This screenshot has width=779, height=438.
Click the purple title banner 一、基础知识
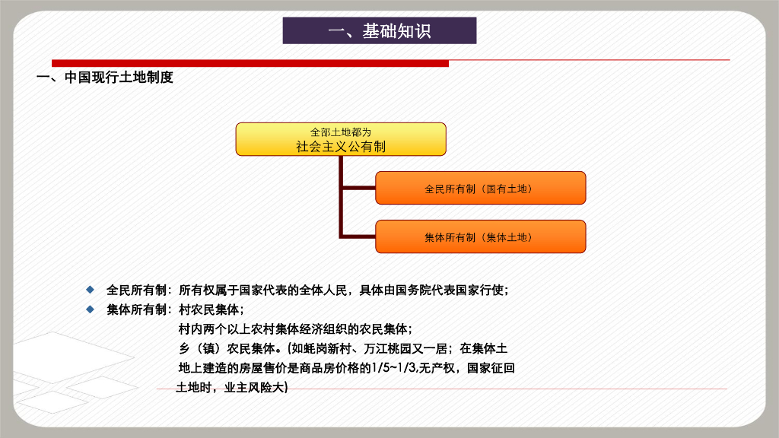tap(380, 30)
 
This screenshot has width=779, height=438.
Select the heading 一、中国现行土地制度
tap(105, 78)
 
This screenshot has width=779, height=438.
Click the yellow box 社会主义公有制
tap(341, 140)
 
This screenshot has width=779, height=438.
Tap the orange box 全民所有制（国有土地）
tap(481, 189)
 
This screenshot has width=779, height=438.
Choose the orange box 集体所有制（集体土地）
tap(481, 237)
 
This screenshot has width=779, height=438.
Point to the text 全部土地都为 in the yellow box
tap(341, 132)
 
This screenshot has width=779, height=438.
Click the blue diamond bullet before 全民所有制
tap(90, 290)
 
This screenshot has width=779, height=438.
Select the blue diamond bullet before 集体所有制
tap(90, 309)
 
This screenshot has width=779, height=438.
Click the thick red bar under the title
tap(250, 63)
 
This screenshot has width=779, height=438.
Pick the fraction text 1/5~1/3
tap(394, 368)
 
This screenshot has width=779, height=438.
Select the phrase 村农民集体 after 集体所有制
tap(208, 310)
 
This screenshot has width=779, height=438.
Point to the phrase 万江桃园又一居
tap(406, 348)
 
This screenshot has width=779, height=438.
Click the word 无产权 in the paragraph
tap(437, 368)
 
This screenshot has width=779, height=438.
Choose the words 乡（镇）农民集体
tap(227, 348)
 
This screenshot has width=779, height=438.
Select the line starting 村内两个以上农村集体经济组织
tap(295, 329)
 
